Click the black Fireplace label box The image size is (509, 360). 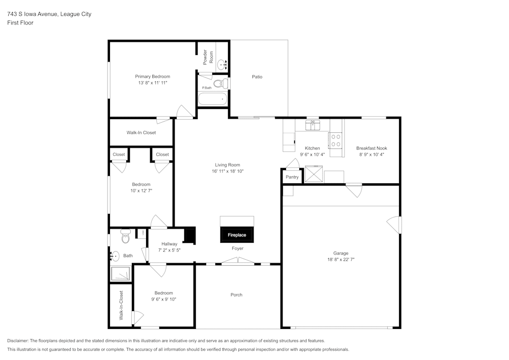point(237,235)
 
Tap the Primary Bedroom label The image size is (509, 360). point(152,76)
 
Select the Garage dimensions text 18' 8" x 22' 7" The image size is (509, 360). point(341,259)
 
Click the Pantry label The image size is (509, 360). point(292,177)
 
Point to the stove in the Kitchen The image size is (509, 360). point(335,140)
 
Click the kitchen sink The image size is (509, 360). point(312,124)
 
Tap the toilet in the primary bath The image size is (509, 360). point(220,83)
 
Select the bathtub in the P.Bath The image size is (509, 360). point(212,99)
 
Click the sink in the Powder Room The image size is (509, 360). point(222,65)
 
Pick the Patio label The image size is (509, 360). point(257,77)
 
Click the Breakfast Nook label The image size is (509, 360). point(371,148)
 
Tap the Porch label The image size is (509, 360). point(236,295)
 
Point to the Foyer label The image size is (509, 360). point(237,248)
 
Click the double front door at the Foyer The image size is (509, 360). point(238,262)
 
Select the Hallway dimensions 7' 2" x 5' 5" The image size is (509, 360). point(169,251)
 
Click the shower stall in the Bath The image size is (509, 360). point(121,274)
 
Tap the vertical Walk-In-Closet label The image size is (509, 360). point(121,305)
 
